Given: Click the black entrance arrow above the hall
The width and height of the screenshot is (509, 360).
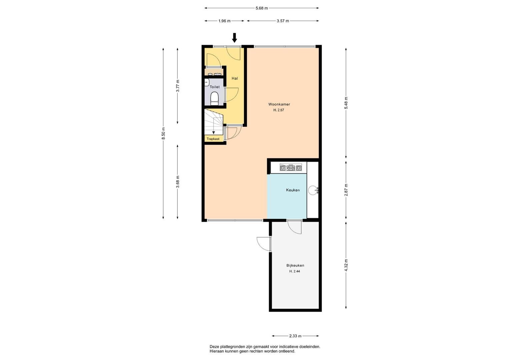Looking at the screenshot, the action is pyautogui.click(x=234, y=38).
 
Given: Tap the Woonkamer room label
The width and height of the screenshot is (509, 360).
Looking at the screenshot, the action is pyautogui.click(x=279, y=104).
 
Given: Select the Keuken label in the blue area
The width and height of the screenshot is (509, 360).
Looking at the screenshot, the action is pyautogui.click(x=293, y=190).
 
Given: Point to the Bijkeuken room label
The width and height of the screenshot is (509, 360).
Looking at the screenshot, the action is pyautogui.click(x=295, y=265).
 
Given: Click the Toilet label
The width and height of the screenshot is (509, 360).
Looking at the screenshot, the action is pyautogui.click(x=215, y=87).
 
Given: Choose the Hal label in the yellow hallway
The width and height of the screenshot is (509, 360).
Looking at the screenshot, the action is pyautogui.click(x=235, y=78).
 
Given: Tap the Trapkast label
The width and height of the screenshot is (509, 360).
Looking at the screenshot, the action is pyautogui.click(x=213, y=139).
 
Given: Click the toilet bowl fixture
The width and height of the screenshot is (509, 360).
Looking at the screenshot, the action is pyautogui.click(x=214, y=99).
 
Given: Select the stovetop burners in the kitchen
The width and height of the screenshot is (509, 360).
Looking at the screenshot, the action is pyautogui.click(x=291, y=168).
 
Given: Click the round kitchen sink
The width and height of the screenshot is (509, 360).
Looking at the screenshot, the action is pyautogui.click(x=313, y=190).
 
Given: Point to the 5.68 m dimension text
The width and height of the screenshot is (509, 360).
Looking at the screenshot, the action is pyautogui.click(x=262, y=8).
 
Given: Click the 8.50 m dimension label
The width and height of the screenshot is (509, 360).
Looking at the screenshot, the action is pyautogui.click(x=163, y=134).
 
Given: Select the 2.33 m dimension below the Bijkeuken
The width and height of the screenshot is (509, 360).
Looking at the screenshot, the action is pyautogui.click(x=295, y=336).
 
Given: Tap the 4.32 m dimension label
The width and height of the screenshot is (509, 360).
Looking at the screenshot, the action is pyautogui.click(x=346, y=265).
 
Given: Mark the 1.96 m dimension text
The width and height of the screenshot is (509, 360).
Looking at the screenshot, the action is pyautogui.click(x=224, y=21).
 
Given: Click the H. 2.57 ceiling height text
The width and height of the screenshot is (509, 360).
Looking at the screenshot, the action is pyautogui.click(x=279, y=110).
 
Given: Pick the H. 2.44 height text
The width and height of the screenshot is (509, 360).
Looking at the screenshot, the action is pyautogui.click(x=294, y=271).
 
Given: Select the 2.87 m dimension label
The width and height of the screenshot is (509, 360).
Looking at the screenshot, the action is pyautogui.click(x=346, y=190).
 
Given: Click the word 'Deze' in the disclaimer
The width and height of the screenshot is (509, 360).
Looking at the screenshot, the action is pyautogui.click(x=214, y=347).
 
